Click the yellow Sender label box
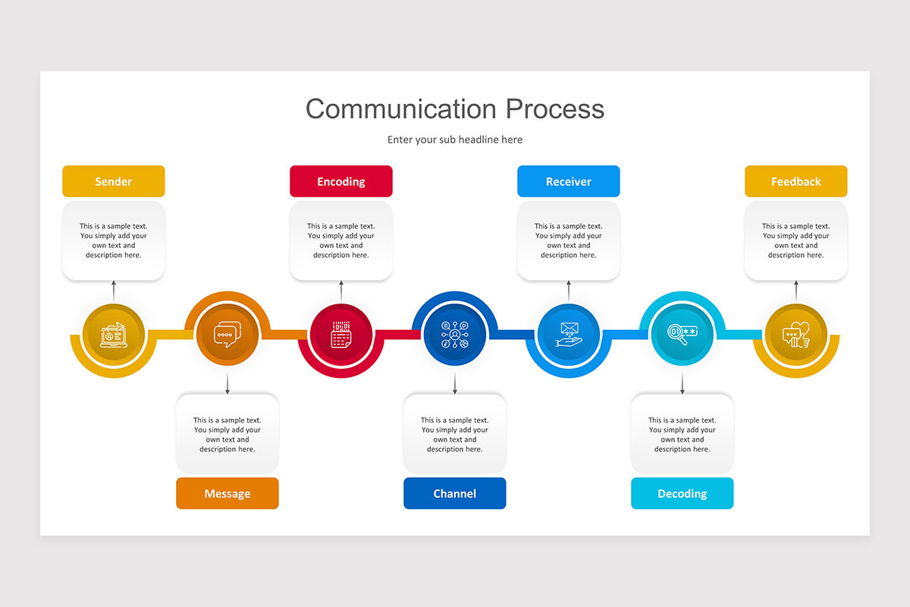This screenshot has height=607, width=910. (x=113, y=181)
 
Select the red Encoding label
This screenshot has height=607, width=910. (x=340, y=181)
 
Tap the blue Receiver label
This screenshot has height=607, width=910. (x=568, y=181)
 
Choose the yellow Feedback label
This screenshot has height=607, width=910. (x=795, y=181)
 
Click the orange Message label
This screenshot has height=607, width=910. (x=227, y=493)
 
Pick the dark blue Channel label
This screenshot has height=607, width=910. (x=454, y=493)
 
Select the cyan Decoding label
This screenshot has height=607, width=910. (x=682, y=493)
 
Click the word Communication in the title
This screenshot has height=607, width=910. (x=401, y=109)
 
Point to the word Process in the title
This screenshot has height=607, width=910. (x=555, y=109)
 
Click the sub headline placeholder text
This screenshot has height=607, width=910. (x=455, y=140)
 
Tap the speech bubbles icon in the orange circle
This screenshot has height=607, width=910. (x=227, y=335)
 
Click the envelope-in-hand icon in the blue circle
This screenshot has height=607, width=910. (x=568, y=335)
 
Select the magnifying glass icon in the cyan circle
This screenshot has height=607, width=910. (x=682, y=335)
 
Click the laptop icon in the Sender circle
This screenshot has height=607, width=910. (x=113, y=335)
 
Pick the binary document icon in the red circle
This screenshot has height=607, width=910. (x=340, y=335)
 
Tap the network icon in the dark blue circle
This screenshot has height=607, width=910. (x=454, y=335)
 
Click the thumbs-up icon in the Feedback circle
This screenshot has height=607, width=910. (x=795, y=335)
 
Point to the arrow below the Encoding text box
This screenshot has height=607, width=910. (x=340, y=291)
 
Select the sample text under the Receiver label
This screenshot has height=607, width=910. (x=568, y=241)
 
